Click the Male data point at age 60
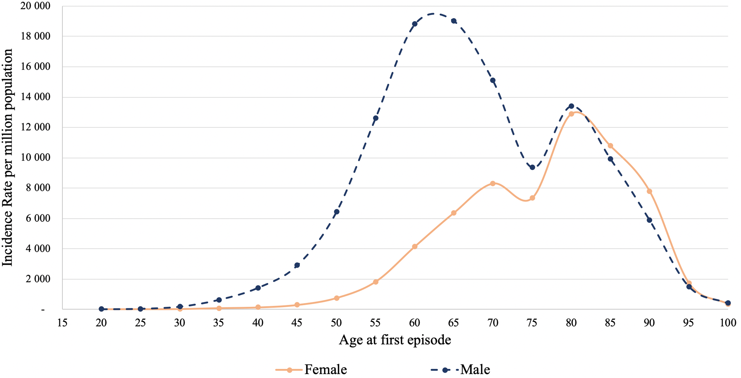pyautogui.click(x=415, y=24)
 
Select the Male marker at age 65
pyautogui.click(x=454, y=21)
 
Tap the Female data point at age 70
pyautogui.click(x=493, y=184)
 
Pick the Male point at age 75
pyautogui.click(x=532, y=167)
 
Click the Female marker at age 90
pyautogui.click(x=649, y=191)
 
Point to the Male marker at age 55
pyautogui.click(x=376, y=118)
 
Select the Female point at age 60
pyautogui.click(x=415, y=246)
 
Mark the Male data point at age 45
pyautogui.click(x=297, y=265)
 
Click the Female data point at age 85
pyautogui.click(x=610, y=146)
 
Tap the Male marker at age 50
pyautogui.click(x=336, y=212)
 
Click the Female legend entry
pyautogui.click(x=312, y=370)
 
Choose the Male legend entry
pyautogui.click(x=460, y=370)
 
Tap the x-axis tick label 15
pyautogui.click(x=62, y=323)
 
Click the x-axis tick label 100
pyautogui.click(x=728, y=323)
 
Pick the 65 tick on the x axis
pyautogui.click(x=454, y=323)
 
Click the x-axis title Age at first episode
pyautogui.click(x=395, y=340)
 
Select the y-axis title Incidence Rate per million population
pyautogui.click(x=8, y=158)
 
